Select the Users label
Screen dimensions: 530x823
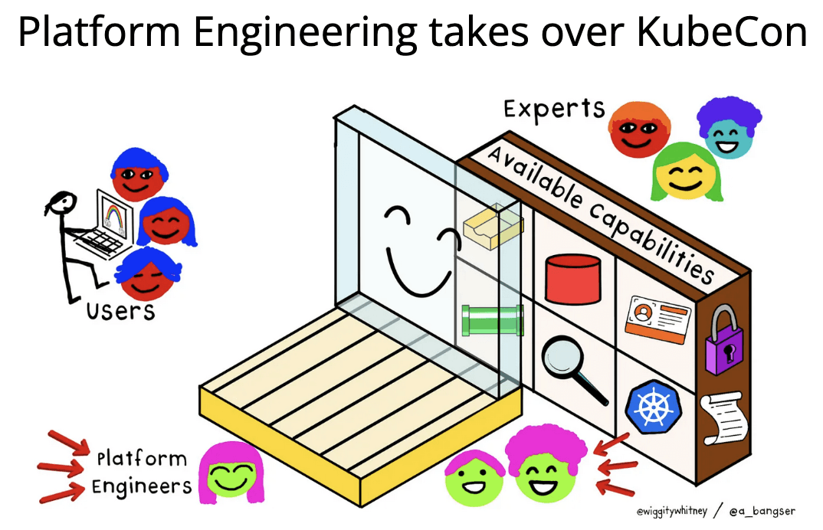[120, 311]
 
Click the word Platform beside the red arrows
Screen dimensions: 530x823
[141, 460]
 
